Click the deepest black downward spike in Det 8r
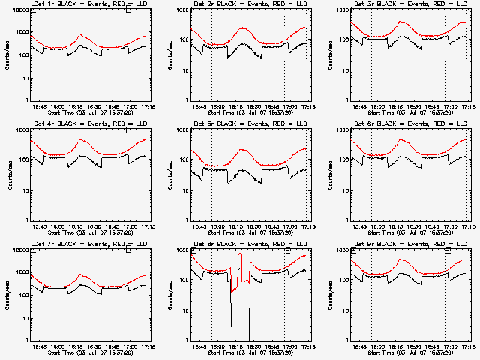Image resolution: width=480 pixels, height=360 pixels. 249,339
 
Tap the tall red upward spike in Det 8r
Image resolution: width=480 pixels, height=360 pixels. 240,255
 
